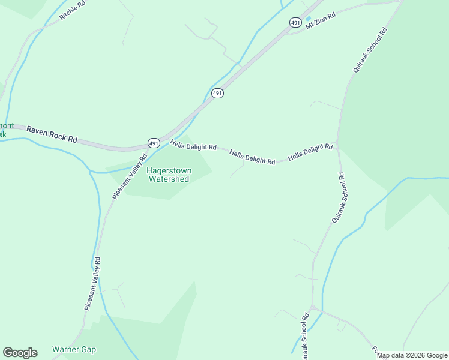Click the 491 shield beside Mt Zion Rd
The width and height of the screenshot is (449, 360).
pyautogui.click(x=295, y=22)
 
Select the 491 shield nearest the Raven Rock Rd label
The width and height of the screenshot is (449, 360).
pyautogui.click(x=154, y=143)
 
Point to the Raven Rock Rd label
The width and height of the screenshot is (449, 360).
pyautogui.click(x=52, y=134)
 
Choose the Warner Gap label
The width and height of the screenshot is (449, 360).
pyautogui.click(x=74, y=349)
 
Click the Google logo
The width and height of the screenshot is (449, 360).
pyautogui.click(x=20, y=353)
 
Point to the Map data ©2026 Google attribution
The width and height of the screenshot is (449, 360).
pyautogui.click(x=412, y=355)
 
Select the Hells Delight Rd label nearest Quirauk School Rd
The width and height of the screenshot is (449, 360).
pyautogui.click(x=310, y=152)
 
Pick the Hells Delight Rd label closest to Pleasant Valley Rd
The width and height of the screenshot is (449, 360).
pyautogui.click(x=193, y=145)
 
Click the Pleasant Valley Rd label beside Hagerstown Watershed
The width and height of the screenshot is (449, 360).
pyautogui.click(x=130, y=177)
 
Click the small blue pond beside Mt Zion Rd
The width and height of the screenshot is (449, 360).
pyautogui.click(x=309, y=19)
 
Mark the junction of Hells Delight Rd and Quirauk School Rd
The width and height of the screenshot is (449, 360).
pyautogui.click(x=337, y=146)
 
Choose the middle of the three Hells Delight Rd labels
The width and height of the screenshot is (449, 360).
pyautogui.click(x=252, y=157)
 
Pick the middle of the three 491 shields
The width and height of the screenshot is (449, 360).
pyautogui.click(x=217, y=93)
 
